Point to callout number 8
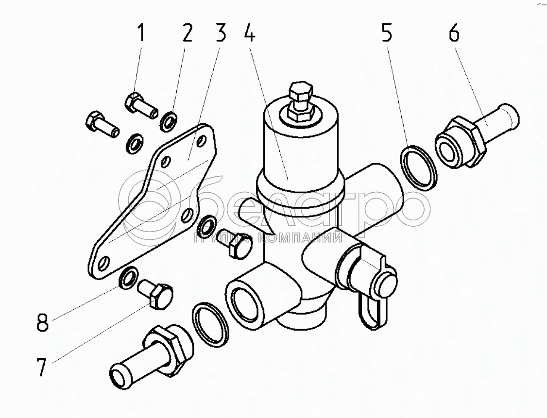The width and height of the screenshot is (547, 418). (x=43, y=323)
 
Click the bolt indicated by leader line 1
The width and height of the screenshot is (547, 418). (x=140, y=105)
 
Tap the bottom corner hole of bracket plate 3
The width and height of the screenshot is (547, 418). (x=103, y=265)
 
